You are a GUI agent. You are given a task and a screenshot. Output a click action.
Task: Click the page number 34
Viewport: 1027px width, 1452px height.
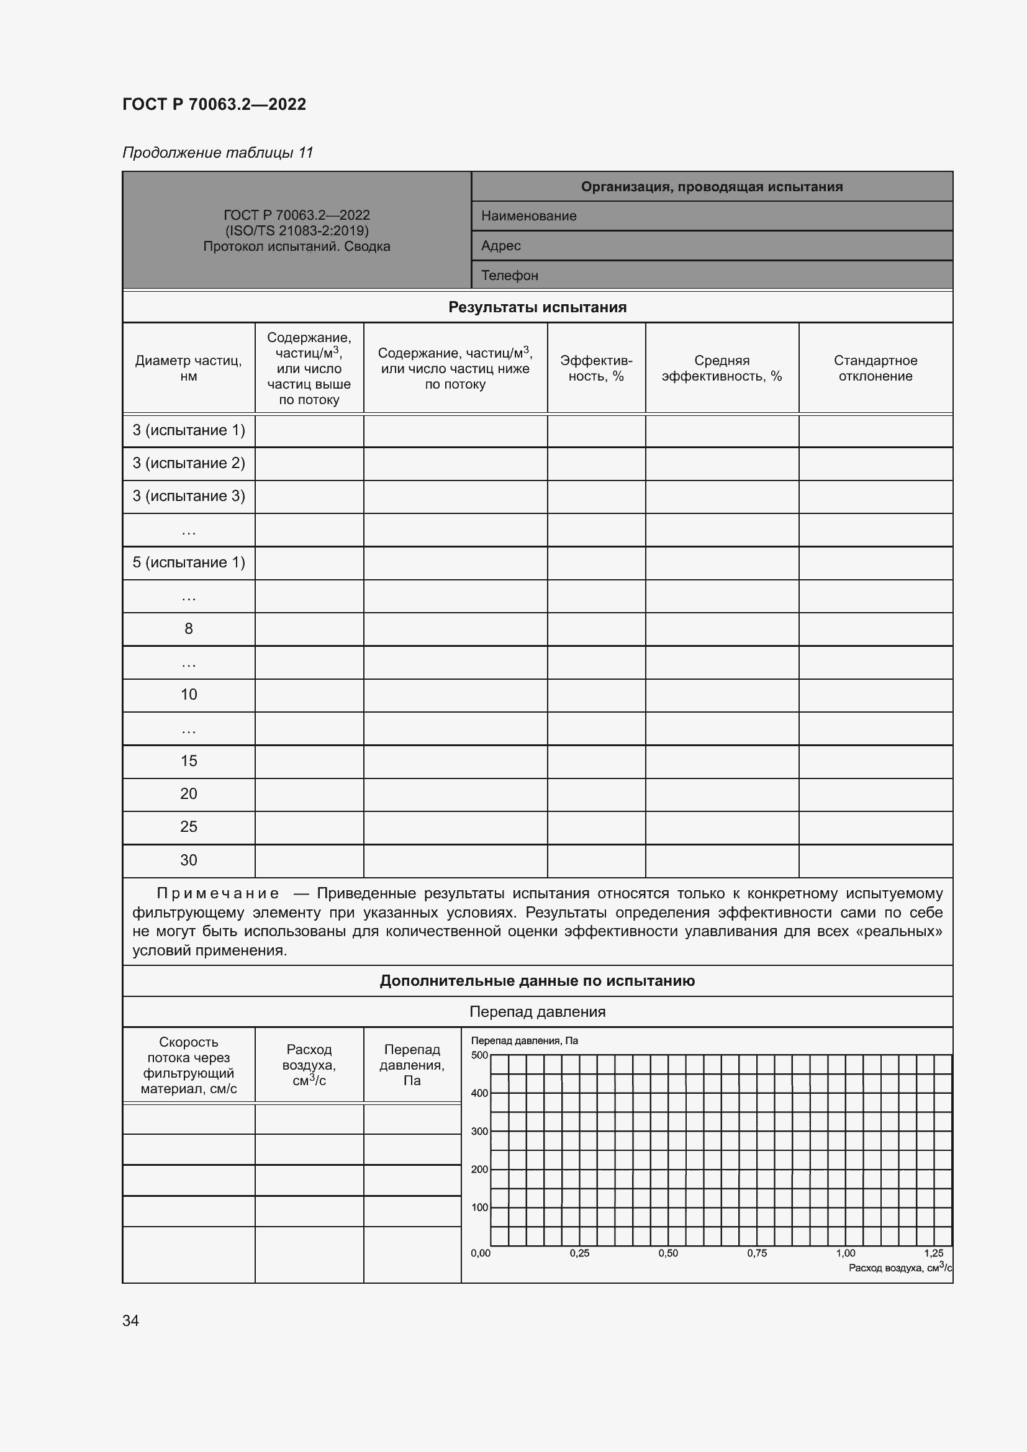tap(130, 1320)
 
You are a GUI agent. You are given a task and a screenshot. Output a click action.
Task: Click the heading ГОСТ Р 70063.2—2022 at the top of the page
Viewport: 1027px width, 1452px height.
tap(214, 104)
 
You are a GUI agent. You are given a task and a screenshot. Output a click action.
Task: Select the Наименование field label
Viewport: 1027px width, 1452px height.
tap(528, 216)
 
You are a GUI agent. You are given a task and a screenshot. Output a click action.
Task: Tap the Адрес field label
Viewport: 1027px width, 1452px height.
tap(500, 246)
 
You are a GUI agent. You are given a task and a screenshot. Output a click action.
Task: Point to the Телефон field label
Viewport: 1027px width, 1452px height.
tap(509, 276)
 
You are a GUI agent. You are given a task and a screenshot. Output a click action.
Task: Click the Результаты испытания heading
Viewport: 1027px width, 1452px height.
tap(537, 307)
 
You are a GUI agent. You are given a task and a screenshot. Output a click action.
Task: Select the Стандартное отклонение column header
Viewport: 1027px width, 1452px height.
tap(875, 368)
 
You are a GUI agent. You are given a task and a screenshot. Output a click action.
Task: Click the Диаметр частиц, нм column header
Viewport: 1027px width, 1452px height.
tap(189, 368)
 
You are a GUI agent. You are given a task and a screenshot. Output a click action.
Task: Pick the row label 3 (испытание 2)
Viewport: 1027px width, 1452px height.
tap(189, 463)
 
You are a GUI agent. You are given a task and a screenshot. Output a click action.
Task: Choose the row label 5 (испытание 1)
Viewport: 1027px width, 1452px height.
tap(189, 562)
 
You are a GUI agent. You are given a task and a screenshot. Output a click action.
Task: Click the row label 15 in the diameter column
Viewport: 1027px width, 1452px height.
tap(189, 761)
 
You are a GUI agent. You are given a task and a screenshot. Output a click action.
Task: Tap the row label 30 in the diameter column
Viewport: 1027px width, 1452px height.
tap(189, 860)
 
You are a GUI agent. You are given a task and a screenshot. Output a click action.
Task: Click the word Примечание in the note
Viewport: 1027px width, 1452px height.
tap(217, 893)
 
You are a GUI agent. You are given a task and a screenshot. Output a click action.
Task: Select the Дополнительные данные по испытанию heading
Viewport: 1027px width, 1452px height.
tap(537, 981)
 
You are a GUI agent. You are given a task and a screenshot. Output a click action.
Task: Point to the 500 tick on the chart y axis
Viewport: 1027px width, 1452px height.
tap(479, 1055)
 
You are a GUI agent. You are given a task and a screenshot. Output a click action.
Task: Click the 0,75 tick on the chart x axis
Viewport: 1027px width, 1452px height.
tap(756, 1253)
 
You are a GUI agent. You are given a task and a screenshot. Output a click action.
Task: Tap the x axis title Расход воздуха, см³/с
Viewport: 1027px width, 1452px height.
tap(899, 1268)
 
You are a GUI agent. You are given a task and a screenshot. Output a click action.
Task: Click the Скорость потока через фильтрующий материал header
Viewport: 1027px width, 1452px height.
tap(189, 1065)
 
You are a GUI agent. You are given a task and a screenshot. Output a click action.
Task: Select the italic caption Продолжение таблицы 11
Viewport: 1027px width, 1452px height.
tap(217, 153)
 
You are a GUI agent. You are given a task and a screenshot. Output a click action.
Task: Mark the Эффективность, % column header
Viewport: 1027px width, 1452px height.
tap(595, 368)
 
